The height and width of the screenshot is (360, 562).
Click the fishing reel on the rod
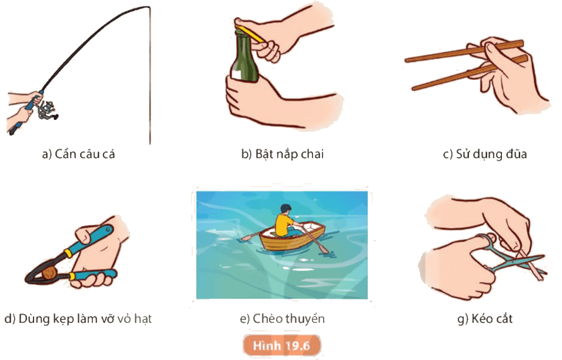pos(46,110)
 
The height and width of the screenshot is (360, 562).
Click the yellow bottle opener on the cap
pos(252,34)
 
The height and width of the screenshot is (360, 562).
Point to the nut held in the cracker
pos(49,274)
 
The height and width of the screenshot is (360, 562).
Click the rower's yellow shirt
pos(283,224)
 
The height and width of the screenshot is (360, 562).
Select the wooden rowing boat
pos(292,237)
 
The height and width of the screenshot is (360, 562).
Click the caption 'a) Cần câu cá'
pos(78,154)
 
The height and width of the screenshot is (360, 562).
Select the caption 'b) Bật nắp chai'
pos(282,154)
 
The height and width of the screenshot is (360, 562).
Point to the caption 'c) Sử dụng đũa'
pos(484,154)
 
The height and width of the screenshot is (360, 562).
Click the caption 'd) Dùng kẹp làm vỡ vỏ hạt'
pos(78,318)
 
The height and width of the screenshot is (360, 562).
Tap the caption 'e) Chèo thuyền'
pos(282,318)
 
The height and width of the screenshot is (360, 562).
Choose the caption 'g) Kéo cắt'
pos(484,318)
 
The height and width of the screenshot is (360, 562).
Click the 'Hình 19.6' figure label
pos(281,346)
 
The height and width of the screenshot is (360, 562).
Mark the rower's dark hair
pos(285,208)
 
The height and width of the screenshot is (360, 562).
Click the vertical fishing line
pos(150,75)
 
